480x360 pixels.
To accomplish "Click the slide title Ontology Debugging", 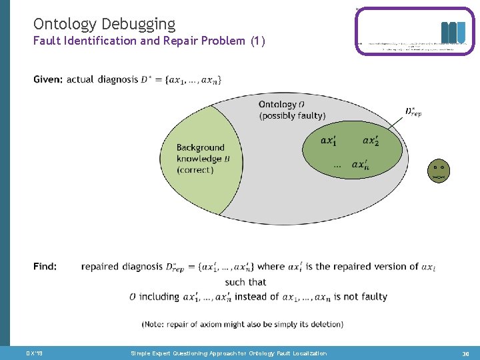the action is pyautogui.click(x=104, y=25).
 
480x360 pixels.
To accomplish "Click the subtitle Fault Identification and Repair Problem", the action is pyautogui.click(x=149, y=41).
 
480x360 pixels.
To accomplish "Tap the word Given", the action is pyautogui.click(x=48, y=80).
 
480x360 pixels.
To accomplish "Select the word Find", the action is pyautogui.click(x=45, y=267).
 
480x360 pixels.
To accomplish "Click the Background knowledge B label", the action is pyautogui.click(x=200, y=159).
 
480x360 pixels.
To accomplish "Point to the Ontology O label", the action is pyautogui.click(x=281, y=104).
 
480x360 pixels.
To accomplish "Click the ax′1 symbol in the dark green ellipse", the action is pyautogui.click(x=329, y=141).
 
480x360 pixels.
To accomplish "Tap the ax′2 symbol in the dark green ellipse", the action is pyautogui.click(x=371, y=141).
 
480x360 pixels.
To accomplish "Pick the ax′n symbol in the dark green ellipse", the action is pyautogui.click(x=361, y=165).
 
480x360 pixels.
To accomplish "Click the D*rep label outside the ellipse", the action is pyautogui.click(x=413, y=111).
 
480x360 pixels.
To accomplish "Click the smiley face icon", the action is pyautogui.click(x=437, y=171).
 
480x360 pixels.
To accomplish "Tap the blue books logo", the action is pyautogui.click(x=453, y=33).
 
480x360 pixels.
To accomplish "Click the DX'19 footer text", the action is pyautogui.click(x=34, y=353).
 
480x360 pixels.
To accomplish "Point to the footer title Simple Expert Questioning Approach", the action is pyautogui.click(x=229, y=353).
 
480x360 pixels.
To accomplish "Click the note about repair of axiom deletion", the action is pyautogui.click(x=242, y=324).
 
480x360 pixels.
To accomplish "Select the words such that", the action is pyautogui.click(x=245, y=282).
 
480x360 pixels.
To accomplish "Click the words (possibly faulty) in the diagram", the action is pyautogui.click(x=292, y=116).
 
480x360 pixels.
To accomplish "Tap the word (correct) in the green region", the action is pyautogui.click(x=195, y=170).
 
